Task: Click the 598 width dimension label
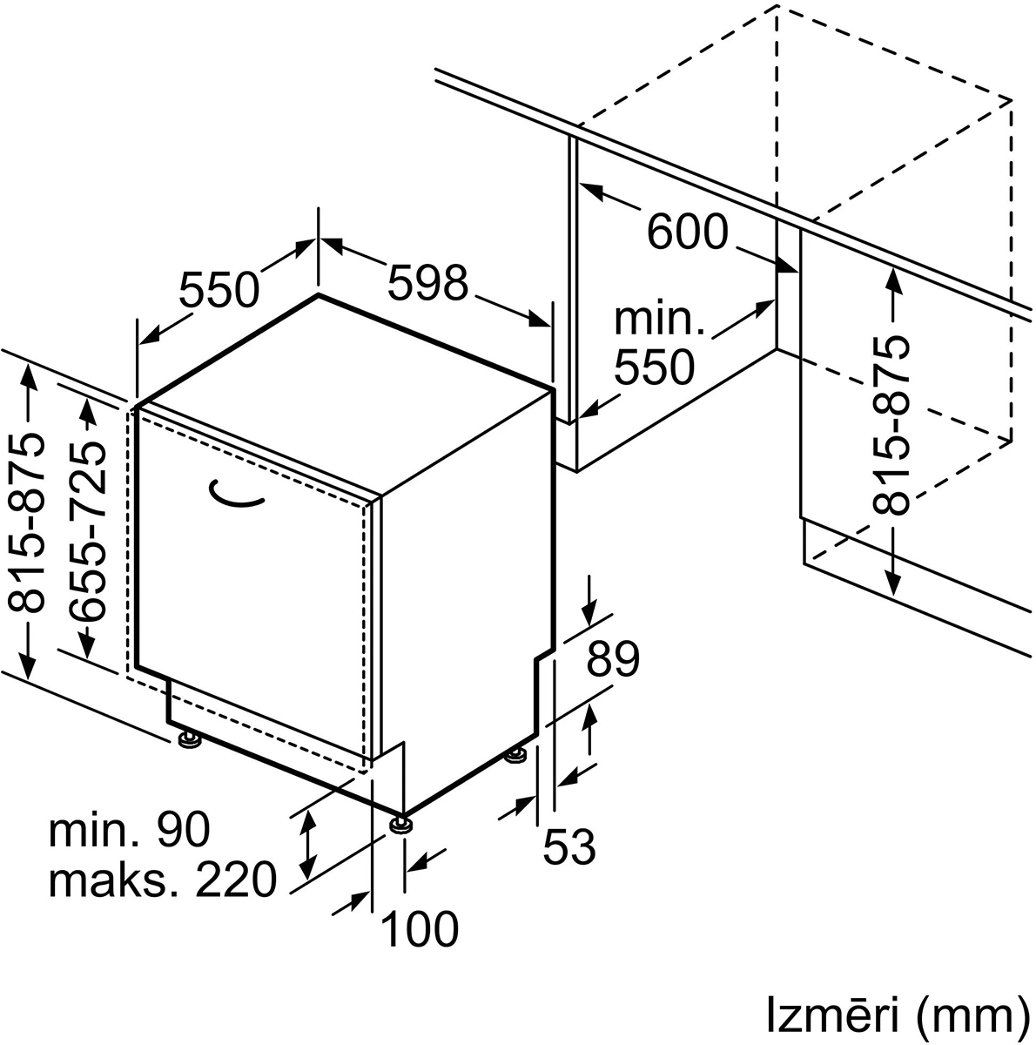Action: (427, 284)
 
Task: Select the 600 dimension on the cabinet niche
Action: (688, 232)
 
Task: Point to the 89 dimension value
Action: (612, 660)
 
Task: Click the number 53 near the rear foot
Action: (570, 846)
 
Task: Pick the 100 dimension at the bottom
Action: (420, 929)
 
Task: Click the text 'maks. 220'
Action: (163, 880)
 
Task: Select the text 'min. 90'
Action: (130, 830)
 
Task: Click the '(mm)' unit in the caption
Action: (966, 1015)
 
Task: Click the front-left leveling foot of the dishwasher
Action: (189, 740)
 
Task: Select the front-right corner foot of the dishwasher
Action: (400, 823)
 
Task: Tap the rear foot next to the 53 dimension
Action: (515, 756)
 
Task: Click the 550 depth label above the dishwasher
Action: (219, 291)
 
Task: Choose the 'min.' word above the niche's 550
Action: (659, 320)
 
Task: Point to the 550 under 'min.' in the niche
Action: (655, 367)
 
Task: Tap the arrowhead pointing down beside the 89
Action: (591, 609)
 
